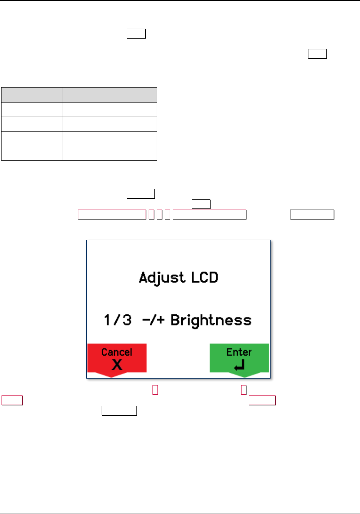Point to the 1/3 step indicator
pyautogui.click(x=118, y=320)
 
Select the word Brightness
pyautogui.click(x=211, y=320)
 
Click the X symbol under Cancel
pyautogui.click(x=117, y=365)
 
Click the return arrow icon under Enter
pyautogui.click(x=239, y=366)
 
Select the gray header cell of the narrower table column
pyautogui.click(x=32, y=95)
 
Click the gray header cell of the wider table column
pyautogui.click(x=110, y=95)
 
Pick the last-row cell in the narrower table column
pyautogui.click(x=32, y=153)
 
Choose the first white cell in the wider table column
pyautogui.click(x=110, y=109)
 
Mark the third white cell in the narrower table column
pyautogui.click(x=32, y=138)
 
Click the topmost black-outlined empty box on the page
pyautogui.click(x=136, y=34)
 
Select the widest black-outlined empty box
pyautogui.click(x=312, y=214)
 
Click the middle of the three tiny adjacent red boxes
pyautogui.click(x=159, y=214)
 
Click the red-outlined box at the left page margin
pyautogui.click(x=12, y=400)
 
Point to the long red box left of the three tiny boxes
pyautogui.click(x=112, y=214)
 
